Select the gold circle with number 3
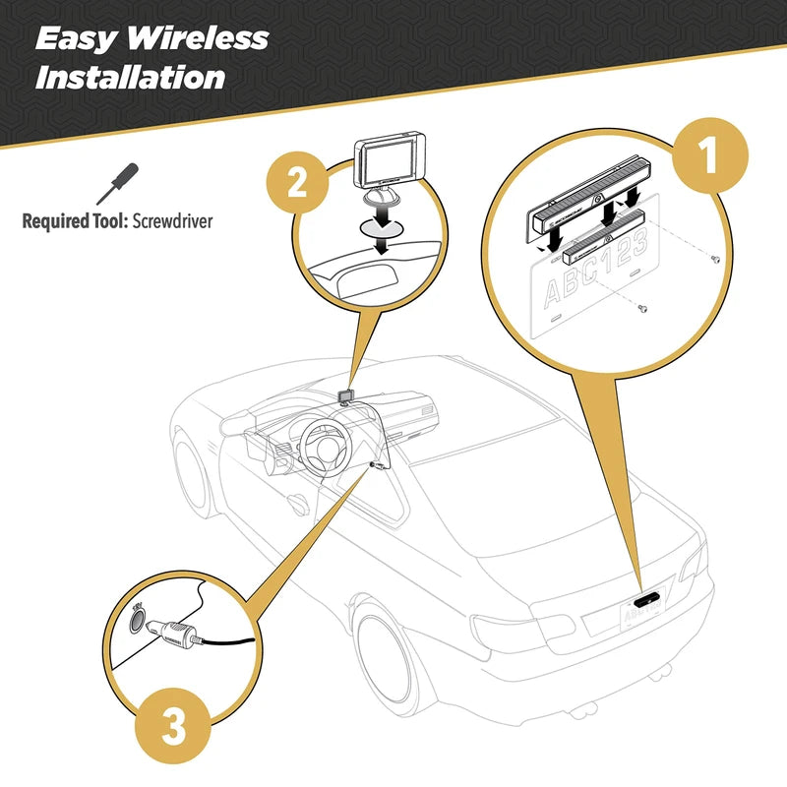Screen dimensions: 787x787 (x=171, y=727)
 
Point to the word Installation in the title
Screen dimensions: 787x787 (x=130, y=77)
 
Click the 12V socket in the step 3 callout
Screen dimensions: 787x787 (x=137, y=621)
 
